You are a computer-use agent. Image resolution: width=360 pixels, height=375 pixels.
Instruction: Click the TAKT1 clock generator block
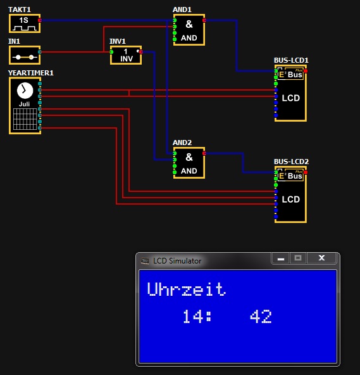(25, 23)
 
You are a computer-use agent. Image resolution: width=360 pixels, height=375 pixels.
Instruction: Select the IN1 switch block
(25, 55)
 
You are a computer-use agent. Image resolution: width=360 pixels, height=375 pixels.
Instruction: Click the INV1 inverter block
(126, 55)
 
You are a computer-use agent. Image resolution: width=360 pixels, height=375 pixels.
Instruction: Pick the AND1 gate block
(189, 30)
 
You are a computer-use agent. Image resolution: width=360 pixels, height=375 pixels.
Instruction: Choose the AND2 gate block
(189, 163)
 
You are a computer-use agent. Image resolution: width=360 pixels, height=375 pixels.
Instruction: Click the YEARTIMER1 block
(25, 106)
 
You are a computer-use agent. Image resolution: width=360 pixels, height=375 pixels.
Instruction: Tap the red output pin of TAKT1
(40, 20)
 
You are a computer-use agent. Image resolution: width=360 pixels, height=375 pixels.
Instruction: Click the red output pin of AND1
(204, 20)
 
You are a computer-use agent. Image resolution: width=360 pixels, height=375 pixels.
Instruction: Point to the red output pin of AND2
(204, 153)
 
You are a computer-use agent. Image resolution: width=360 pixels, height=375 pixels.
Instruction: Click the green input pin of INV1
(111, 52)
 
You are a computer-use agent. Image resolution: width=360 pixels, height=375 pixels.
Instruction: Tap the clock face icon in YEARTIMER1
(25, 91)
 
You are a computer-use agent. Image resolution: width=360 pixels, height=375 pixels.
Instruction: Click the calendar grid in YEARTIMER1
(25, 119)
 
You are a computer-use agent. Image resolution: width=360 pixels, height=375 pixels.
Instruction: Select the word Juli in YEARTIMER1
(25, 105)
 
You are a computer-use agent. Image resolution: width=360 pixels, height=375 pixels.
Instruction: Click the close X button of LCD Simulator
(321, 258)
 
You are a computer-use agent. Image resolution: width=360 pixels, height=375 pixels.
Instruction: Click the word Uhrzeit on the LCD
(187, 289)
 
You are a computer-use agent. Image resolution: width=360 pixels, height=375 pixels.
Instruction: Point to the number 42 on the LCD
(261, 317)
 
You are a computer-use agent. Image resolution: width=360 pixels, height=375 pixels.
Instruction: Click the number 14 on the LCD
(193, 317)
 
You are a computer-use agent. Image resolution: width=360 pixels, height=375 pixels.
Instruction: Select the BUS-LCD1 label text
(291, 60)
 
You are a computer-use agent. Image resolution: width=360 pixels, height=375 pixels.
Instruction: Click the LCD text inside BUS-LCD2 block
(291, 200)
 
